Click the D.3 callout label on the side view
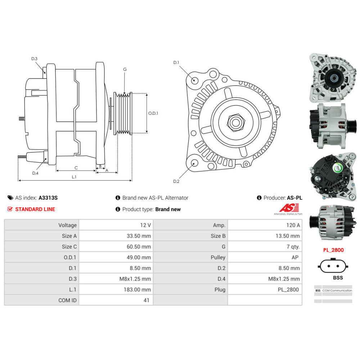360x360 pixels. pyautogui.click(x=34, y=59)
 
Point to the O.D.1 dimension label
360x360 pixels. pyautogui.click(x=153, y=113)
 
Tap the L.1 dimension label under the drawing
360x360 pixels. pyautogui.click(x=74, y=177)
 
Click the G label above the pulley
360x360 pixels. pyautogui.click(x=125, y=69)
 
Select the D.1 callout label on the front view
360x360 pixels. pyautogui.click(x=176, y=63)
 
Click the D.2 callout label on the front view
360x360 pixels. pyautogui.click(x=176, y=181)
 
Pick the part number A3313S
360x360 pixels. pyautogui.click(x=48, y=198)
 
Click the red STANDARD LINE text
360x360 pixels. pyautogui.click(x=35, y=209)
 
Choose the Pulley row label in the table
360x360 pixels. pyautogui.click(x=218, y=257)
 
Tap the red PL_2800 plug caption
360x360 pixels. pyautogui.click(x=333, y=250)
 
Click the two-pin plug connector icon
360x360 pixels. pyautogui.click(x=333, y=266)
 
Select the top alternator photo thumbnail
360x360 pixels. pyautogui.click(x=333, y=78)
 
